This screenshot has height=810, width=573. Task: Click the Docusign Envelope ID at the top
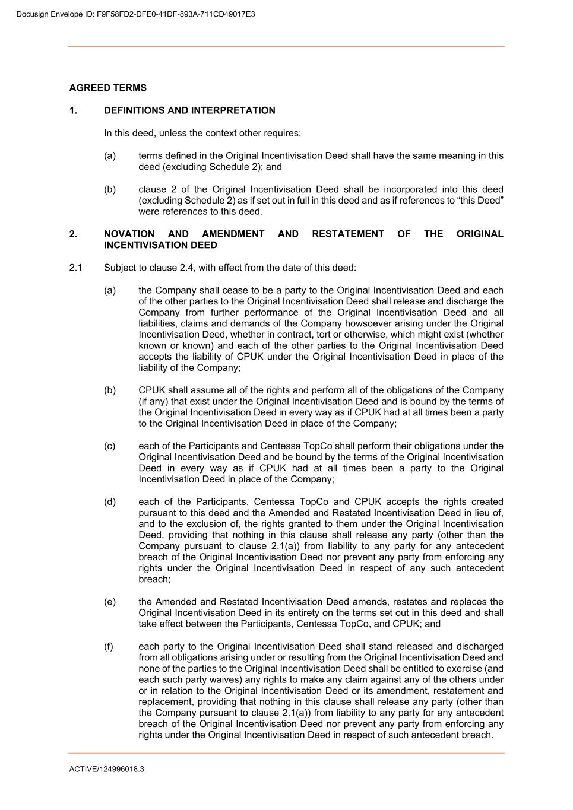click(136, 14)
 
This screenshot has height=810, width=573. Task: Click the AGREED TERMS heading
click(107, 88)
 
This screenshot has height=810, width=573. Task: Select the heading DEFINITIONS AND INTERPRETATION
click(189, 110)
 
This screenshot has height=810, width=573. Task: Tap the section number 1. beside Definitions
click(73, 110)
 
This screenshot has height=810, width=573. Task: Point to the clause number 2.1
click(75, 268)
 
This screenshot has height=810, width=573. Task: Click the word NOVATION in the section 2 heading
click(129, 234)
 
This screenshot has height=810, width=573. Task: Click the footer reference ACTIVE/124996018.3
click(107, 769)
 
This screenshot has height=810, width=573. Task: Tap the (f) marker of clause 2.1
click(109, 646)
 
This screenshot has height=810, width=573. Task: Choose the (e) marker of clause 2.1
click(109, 602)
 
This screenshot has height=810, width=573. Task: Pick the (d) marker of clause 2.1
click(109, 501)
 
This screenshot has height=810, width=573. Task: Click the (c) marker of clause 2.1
click(109, 446)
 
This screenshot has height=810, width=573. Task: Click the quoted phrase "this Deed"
click(482, 201)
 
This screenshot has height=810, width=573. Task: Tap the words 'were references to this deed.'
click(200, 211)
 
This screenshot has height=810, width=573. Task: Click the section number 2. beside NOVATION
click(73, 234)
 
